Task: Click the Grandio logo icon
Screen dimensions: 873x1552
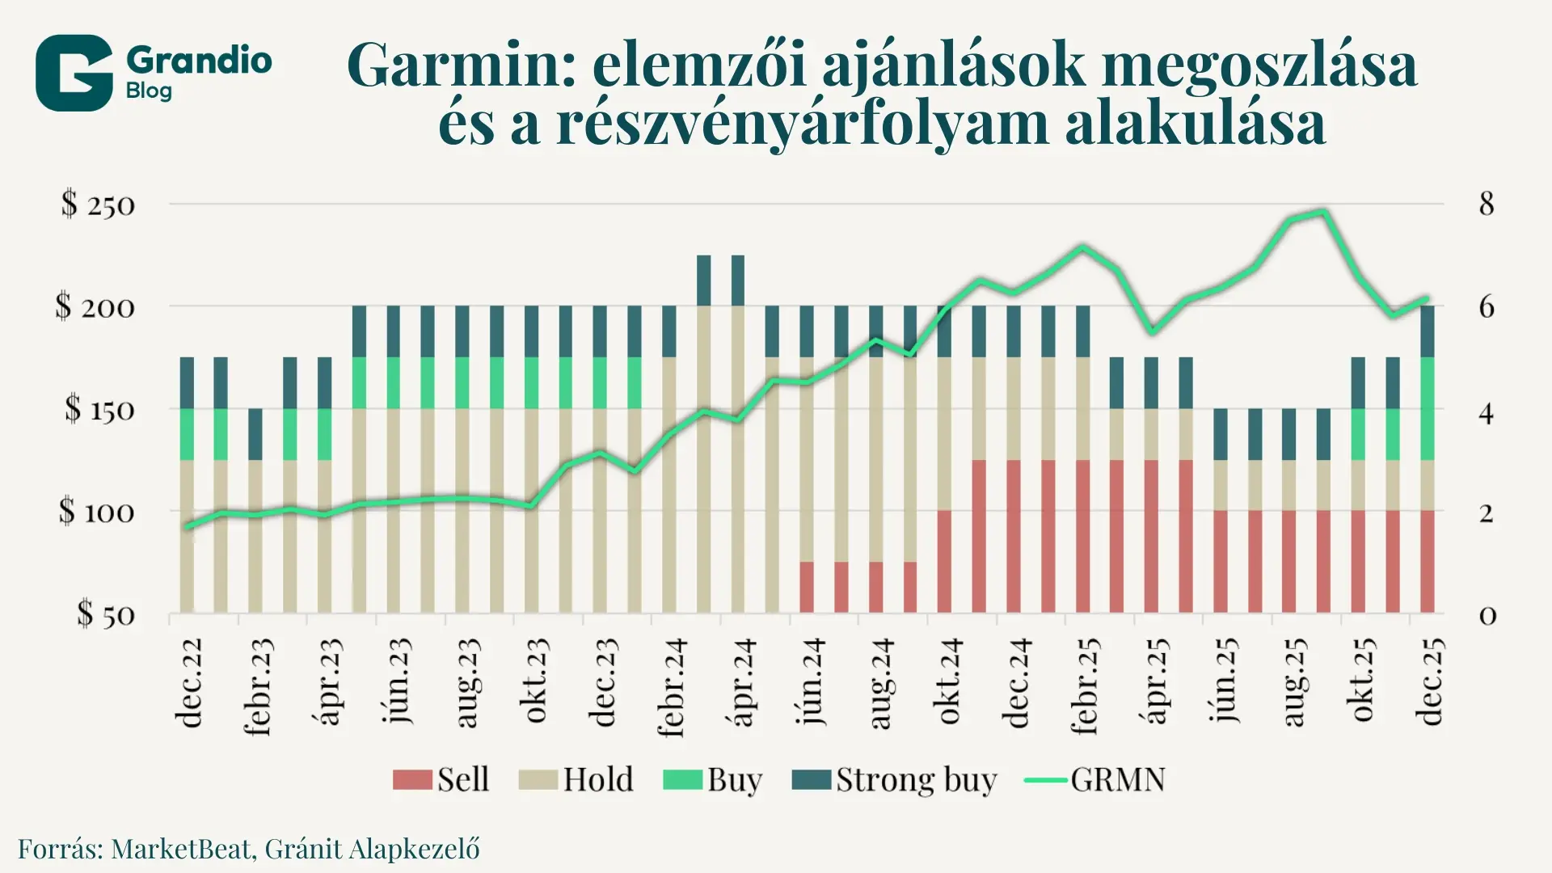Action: tap(74, 73)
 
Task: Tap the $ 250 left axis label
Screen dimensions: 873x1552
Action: tap(98, 205)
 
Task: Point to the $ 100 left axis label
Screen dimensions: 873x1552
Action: tap(96, 512)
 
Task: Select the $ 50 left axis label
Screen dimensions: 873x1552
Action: tap(106, 614)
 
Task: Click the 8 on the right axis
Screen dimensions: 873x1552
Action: tap(1486, 204)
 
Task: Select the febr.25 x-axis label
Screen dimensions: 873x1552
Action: tap(1085, 686)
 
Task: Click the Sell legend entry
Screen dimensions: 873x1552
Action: tap(441, 779)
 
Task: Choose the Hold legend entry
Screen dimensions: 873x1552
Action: tap(576, 779)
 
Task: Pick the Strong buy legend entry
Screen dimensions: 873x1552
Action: tap(894, 779)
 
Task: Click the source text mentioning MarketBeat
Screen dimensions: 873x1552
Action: tap(249, 849)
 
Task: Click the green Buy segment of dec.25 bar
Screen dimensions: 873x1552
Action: tap(1428, 408)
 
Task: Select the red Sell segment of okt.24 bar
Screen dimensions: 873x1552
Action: tap(944, 561)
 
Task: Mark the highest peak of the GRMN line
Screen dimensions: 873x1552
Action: tap(1323, 212)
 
